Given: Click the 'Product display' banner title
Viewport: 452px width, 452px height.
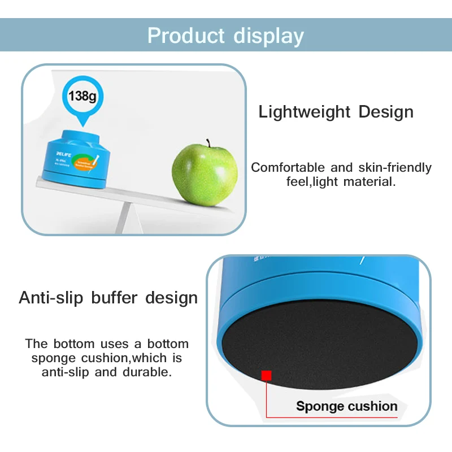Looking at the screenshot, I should pos(225,35).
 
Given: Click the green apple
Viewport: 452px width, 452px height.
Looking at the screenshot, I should pos(205,172).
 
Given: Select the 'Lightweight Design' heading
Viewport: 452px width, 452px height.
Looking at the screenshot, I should pos(336,112).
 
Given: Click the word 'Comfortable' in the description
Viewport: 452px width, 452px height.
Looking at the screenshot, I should pos(288,168).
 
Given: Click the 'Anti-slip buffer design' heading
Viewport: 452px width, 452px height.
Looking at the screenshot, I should pos(108,298).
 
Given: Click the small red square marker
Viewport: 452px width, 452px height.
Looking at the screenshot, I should pos(267,375).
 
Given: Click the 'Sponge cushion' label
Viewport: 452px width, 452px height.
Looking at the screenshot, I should pos(346,406).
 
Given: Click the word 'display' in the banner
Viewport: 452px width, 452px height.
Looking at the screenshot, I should pos(266,35).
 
